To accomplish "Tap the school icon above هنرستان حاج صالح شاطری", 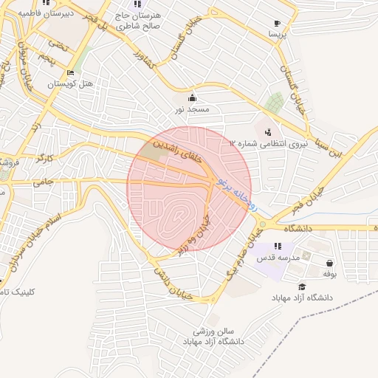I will click(137, 4).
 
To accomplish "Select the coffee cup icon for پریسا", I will click(277, 24).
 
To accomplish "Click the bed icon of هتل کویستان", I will click(70, 73).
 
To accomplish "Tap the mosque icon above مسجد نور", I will click(193, 98).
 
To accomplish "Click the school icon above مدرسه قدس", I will click(277, 247).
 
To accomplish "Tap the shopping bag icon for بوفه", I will click(329, 263).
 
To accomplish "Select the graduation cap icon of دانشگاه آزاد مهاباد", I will click(302, 286).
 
